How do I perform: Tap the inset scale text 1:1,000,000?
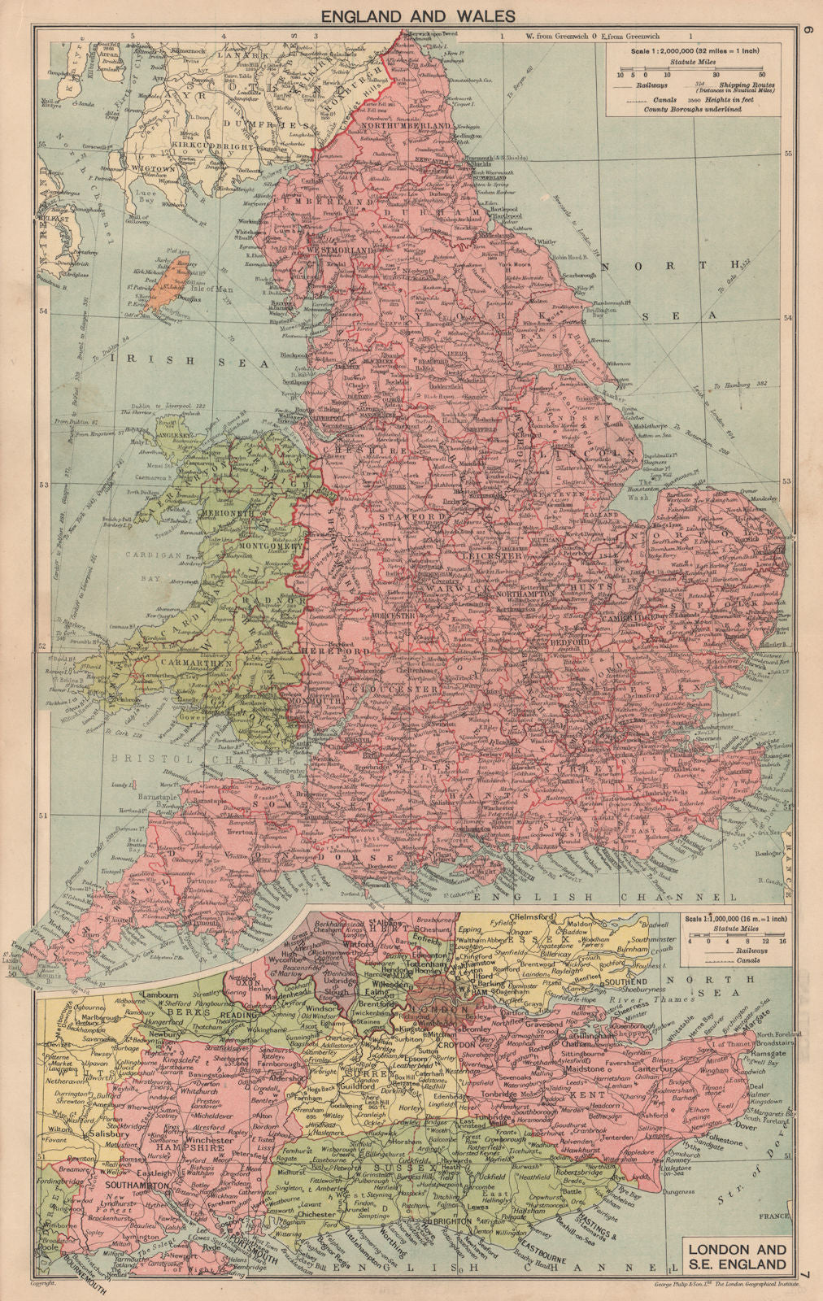point(721,919)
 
